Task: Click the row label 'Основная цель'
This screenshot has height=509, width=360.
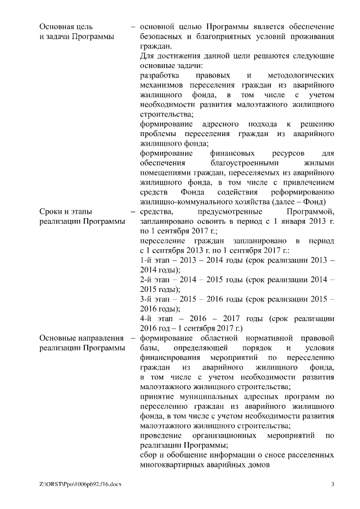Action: (x=66, y=26)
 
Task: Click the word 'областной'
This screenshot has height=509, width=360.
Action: (x=224, y=338)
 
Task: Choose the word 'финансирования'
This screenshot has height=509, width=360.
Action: (x=167, y=358)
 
